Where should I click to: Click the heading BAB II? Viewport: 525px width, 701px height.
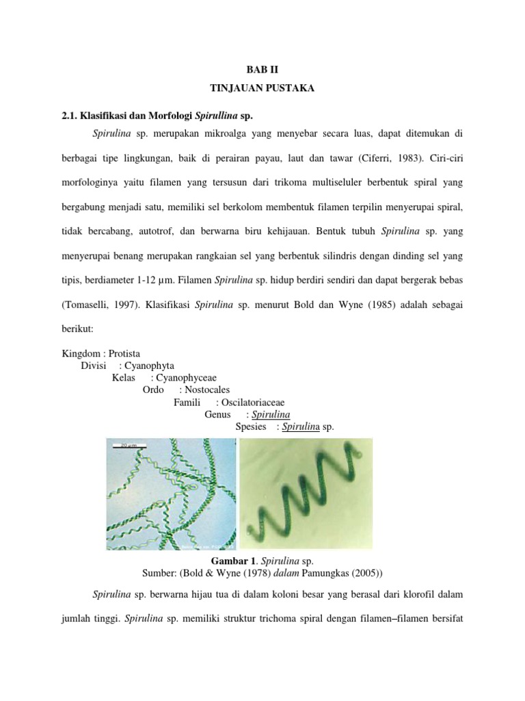[x=262, y=70]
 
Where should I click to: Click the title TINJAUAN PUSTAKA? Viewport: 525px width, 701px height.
[x=262, y=89]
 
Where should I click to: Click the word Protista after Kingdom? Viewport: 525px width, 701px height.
[x=122, y=355]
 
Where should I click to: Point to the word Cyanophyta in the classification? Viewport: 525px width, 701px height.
[x=146, y=366]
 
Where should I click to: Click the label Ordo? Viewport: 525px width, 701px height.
[x=153, y=390]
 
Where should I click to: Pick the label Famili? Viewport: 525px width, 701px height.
[x=187, y=403]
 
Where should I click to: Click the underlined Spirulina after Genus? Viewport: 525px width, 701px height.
[x=271, y=415]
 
